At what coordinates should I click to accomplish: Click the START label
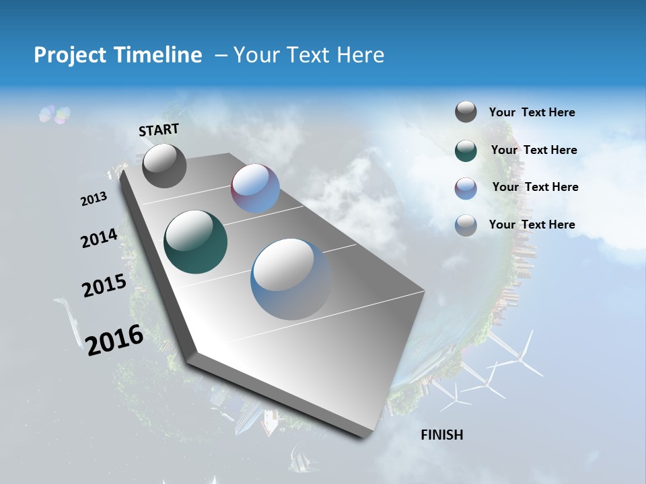click(159, 130)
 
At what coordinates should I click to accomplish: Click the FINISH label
click(442, 435)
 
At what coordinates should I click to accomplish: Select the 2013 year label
click(94, 199)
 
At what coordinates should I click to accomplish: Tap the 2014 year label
click(99, 238)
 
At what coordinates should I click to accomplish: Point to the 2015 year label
click(104, 286)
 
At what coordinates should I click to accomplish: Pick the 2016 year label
click(114, 339)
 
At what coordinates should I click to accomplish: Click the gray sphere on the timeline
click(164, 166)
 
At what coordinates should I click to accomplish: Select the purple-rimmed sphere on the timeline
click(255, 188)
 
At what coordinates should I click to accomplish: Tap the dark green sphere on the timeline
click(195, 242)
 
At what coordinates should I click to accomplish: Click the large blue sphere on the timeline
click(291, 279)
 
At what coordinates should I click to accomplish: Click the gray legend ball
click(466, 112)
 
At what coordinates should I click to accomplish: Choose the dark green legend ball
click(466, 151)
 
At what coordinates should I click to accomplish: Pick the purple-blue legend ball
click(466, 188)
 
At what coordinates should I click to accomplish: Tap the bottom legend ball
click(466, 225)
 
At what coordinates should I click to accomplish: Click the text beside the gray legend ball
click(532, 112)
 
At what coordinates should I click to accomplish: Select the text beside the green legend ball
click(534, 150)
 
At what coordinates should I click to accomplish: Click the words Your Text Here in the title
click(309, 55)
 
